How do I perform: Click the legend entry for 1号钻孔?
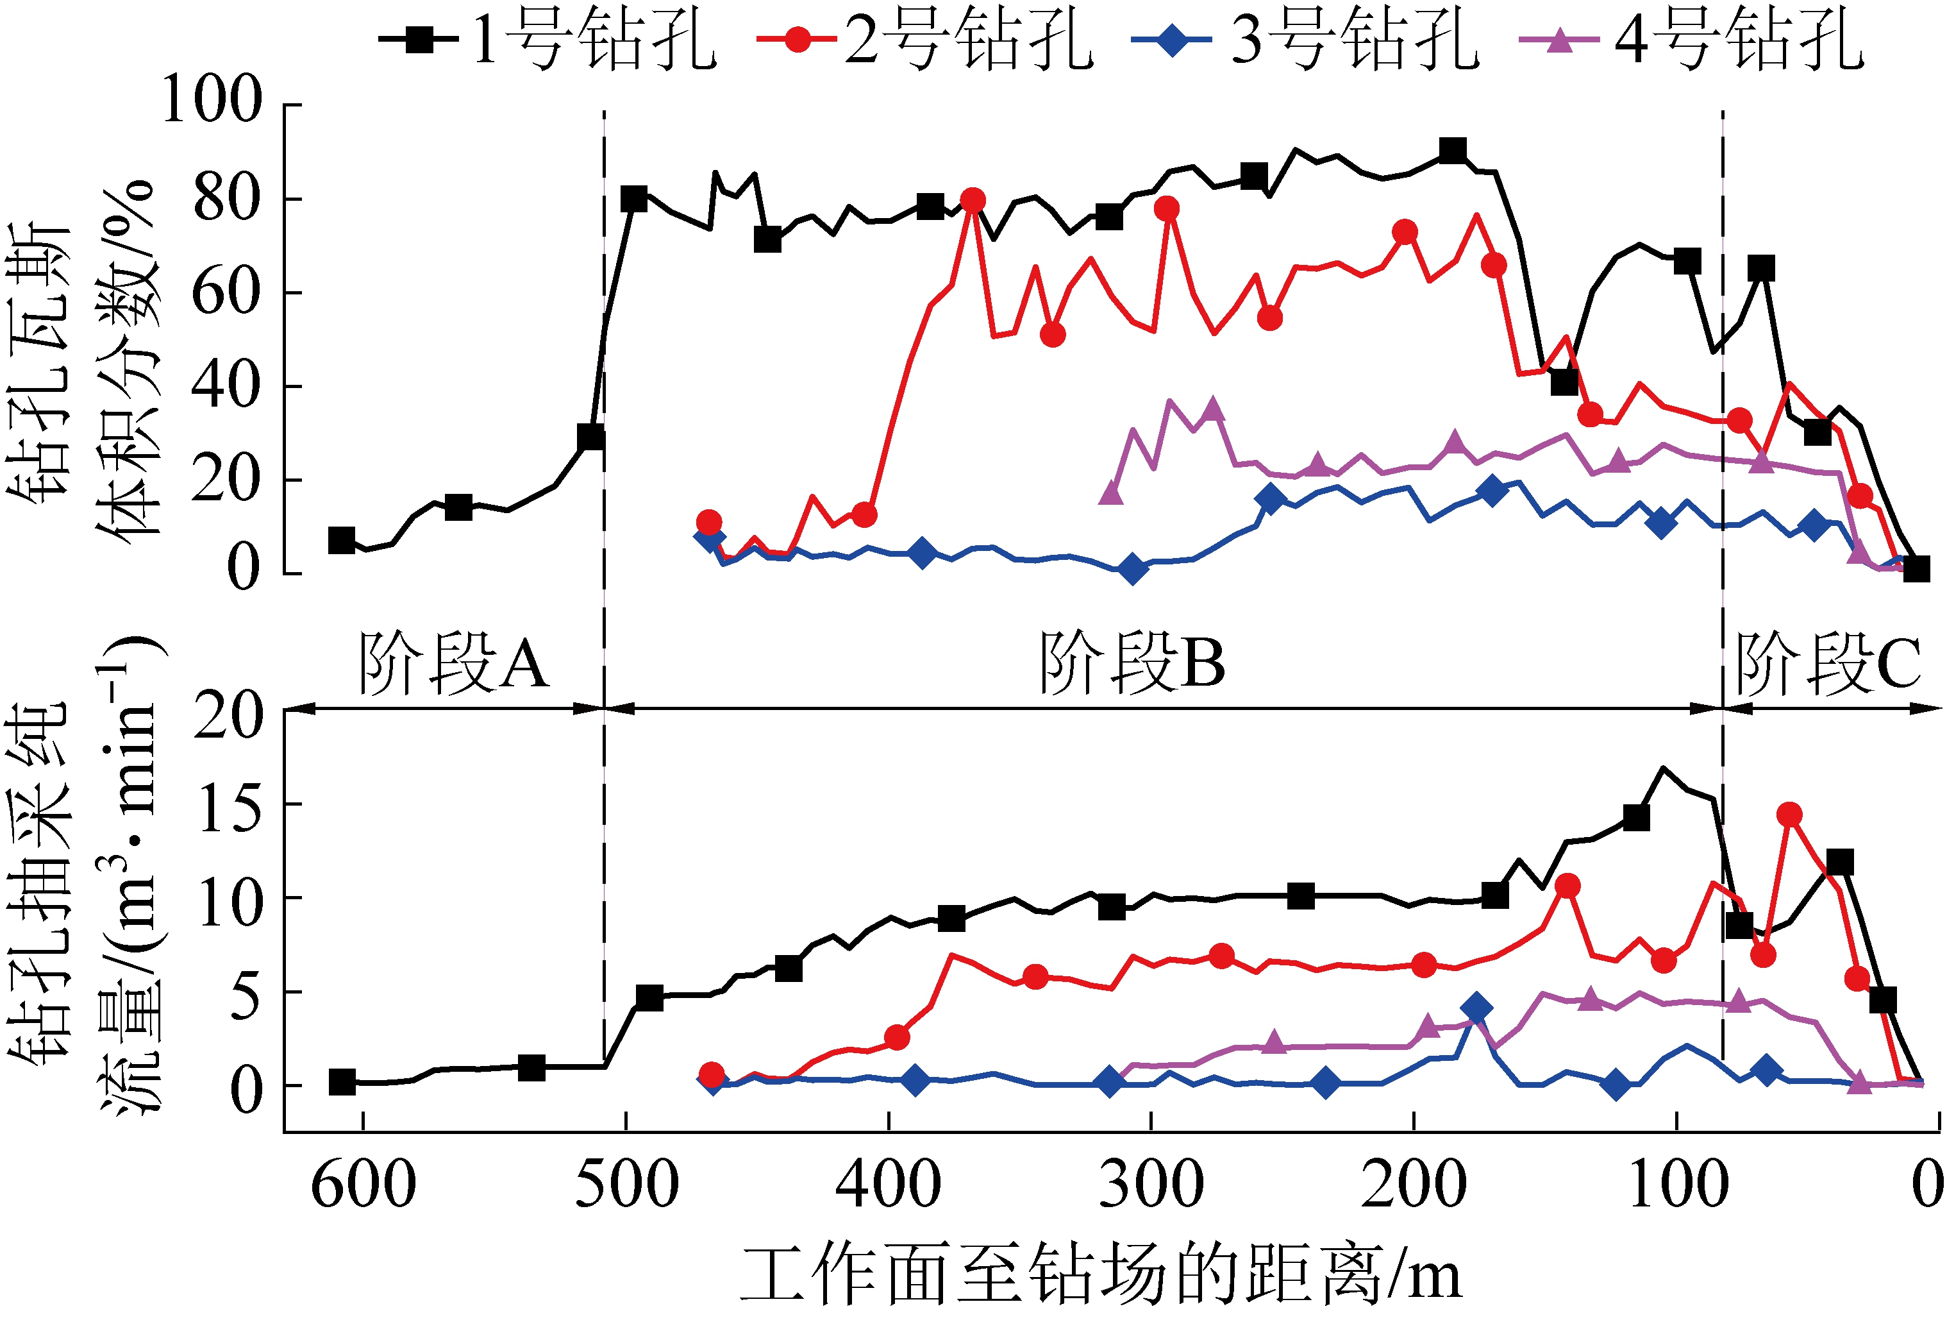tap(549, 39)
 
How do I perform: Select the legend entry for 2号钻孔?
tap(926, 39)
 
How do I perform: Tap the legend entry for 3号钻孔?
tap(1307, 39)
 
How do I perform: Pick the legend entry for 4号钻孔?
tap(1692, 39)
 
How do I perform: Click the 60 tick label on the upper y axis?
tap(224, 292)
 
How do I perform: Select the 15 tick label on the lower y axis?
tap(230, 809)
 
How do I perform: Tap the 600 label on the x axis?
tap(363, 1187)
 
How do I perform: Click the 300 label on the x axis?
tap(1151, 1187)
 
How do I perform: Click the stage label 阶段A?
tap(454, 664)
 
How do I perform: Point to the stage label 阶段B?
tap(1133, 664)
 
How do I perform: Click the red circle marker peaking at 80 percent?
tap(972, 200)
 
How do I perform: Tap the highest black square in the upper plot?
tap(1453, 151)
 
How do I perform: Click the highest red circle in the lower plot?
tap(1789, 815)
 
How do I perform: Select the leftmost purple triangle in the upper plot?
tap(1111, 494)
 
